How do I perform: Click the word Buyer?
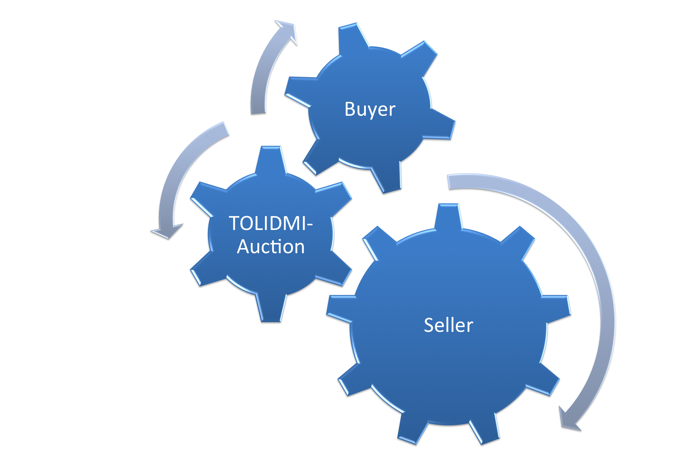tap(370, 109)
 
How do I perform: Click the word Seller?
tap(448, 325)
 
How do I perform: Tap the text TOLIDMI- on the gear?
tap(271, 223)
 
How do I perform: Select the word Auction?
tap(271, 247)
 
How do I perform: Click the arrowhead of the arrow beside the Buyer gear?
tap(288, 30)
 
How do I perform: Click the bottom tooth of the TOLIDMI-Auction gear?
tap(271, 309)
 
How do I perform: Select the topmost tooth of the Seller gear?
tap(448, 216)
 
